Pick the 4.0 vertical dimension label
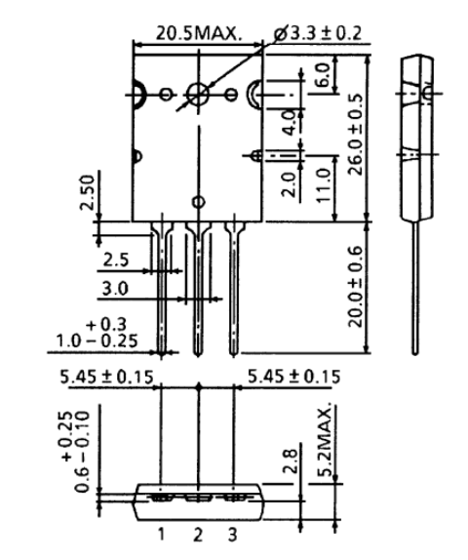[x=287, y=123]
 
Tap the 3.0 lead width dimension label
[x=116, y=290]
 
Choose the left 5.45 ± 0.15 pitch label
[x=105, y=377]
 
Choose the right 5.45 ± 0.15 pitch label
[x=292, y=377]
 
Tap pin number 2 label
[x=198, y=535]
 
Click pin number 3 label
[x=233, y=535]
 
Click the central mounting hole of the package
[x=198, y=95]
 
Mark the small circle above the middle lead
[x=198, y=202]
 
